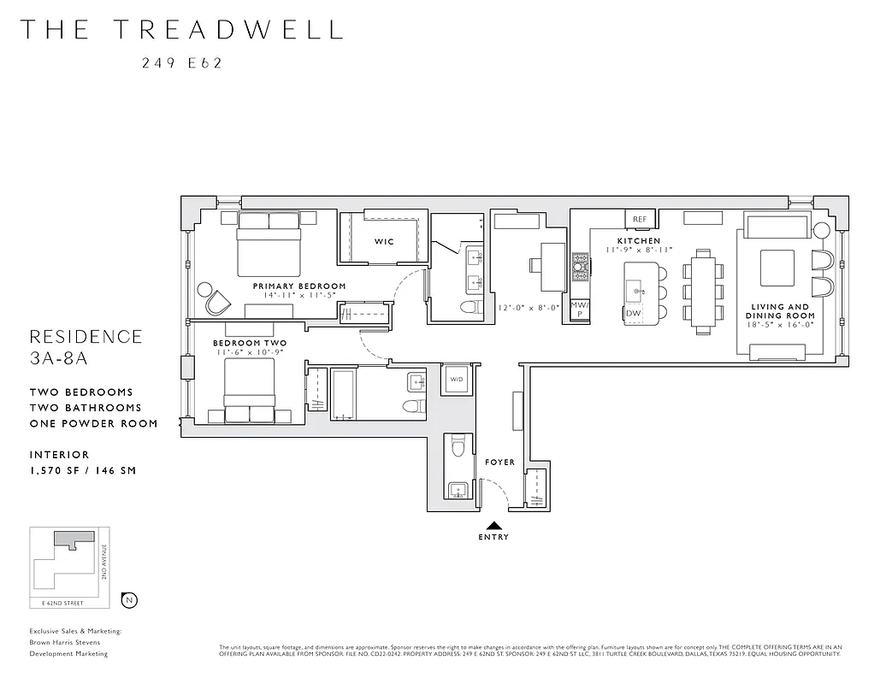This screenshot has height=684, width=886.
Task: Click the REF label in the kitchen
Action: pos(640,220)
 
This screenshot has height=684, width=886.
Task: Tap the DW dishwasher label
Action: pos(634,314)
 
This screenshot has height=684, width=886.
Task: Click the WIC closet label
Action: pos(384,242)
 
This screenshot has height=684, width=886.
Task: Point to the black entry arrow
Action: pos(494,526)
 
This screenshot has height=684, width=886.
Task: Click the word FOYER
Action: pos(500,463)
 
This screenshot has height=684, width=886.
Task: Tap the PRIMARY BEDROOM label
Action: pos(299,286)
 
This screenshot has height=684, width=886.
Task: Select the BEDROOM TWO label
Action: pos(250,343)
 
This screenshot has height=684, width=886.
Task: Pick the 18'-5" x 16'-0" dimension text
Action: pos(781,325)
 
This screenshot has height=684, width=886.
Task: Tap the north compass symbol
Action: pos(129,600)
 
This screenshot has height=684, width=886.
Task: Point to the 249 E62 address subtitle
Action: pos(181,62)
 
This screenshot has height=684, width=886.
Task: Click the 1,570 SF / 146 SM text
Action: pos(82,470)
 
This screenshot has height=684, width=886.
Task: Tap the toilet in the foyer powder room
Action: pos(458,447)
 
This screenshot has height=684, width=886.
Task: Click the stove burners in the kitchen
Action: pos(581,266)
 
